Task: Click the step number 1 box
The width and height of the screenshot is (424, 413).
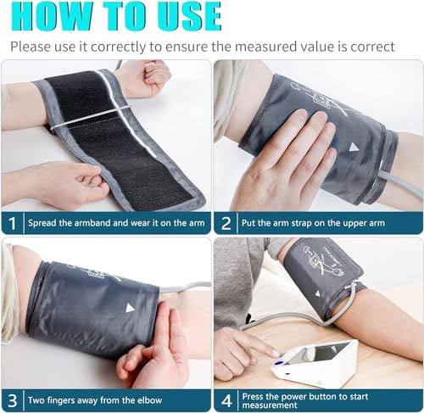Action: [12, 223]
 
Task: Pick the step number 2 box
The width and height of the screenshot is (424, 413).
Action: [226, 223]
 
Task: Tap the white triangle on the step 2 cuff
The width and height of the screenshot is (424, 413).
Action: [354, 147]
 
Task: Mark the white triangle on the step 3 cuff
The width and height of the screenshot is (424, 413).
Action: [130, 307]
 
